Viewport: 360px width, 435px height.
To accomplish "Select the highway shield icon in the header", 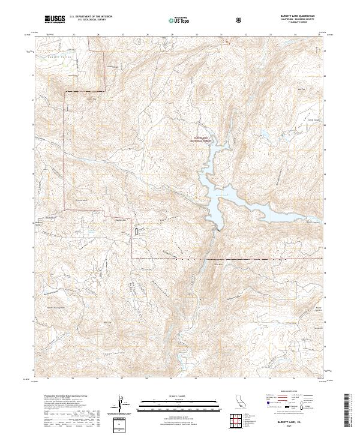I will tap(239, 20).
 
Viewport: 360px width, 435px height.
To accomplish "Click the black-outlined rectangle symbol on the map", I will tap(137, 230).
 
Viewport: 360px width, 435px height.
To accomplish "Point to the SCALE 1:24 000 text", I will tap(171, 396).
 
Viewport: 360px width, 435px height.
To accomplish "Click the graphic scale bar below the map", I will tap(171, 403).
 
